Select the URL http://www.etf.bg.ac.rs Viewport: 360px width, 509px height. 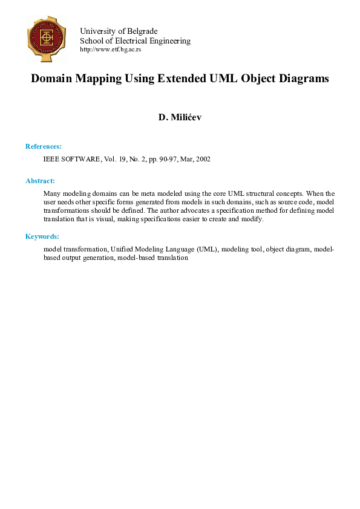[110, 50]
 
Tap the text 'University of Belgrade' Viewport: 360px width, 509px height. [119, 31]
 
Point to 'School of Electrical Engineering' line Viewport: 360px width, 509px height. [135, 41]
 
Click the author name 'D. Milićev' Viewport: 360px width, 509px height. [180, 117]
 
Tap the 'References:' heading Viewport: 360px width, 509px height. [43, 146]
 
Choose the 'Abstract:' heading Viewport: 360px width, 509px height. [40, 181]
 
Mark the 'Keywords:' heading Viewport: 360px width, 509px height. [42, 236]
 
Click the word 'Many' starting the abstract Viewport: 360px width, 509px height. [52, 193]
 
